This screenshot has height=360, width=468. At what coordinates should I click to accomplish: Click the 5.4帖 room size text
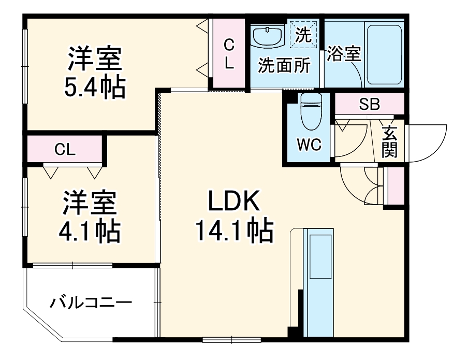[95, 88]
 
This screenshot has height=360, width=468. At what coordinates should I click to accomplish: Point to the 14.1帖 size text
[233, 231]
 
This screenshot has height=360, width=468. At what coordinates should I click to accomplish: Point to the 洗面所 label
[284, 66]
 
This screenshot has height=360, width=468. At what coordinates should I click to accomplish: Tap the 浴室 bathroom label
[343, 54]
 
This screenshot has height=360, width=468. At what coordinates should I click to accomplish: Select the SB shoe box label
[369, 105]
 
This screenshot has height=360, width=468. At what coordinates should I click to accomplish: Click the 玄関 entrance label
[390, 142]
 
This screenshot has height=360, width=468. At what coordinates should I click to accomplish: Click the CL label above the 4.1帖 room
[65, 150]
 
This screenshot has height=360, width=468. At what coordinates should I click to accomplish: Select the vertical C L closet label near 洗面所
[228, 54]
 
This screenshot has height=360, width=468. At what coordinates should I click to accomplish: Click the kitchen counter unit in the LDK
[317, 282]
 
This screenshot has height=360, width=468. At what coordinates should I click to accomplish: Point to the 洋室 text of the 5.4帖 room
[95, 59]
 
